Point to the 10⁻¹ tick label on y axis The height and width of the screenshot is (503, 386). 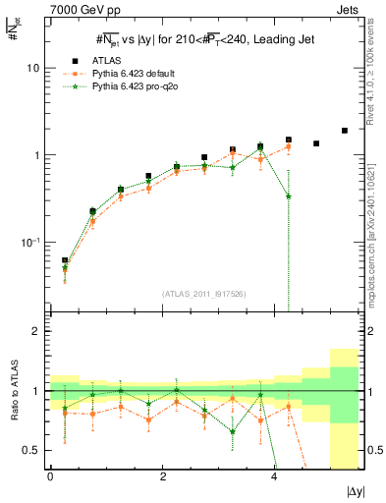tap(32, 242)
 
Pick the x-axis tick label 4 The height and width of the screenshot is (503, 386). tap(274, 475)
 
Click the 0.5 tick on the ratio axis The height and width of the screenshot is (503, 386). tap(34, 450)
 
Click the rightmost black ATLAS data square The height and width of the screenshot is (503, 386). tap(344, 131)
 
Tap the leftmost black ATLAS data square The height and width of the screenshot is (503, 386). tap(65, 260)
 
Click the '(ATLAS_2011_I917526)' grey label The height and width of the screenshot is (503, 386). tap(204, 293)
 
